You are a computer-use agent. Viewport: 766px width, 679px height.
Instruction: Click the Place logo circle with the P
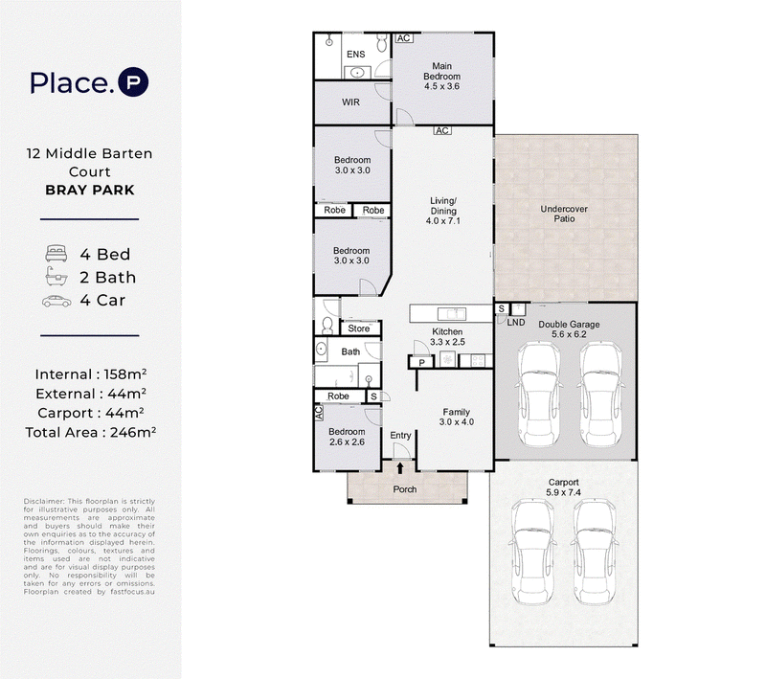coord(133,81)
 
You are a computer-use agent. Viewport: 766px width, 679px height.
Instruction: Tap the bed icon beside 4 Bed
coord(56,254)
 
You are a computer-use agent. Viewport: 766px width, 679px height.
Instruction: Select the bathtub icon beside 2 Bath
coord(56,277)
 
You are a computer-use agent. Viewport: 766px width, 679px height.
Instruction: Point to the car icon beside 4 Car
coord(56,302)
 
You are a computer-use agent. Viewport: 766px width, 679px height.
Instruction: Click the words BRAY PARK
coord(90,190)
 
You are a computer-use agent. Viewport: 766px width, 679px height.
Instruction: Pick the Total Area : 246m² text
coord(90,432)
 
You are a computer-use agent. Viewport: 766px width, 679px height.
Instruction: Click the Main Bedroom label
coord(441,71)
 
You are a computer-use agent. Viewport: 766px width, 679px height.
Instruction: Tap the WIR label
coord(350,102)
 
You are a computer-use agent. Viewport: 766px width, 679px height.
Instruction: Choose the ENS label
coord(355,55)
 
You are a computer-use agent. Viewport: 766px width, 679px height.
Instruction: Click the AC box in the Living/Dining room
coord(442,130)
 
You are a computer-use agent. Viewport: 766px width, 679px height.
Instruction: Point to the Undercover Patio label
coord(564,214)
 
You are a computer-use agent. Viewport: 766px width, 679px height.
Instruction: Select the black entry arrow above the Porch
coord(400,468)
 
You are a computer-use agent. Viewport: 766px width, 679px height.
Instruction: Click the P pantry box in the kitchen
coord(421,362)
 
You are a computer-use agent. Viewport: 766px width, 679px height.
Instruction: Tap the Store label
coord(358,328)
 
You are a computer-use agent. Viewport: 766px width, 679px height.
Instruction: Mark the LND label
coord(516,323)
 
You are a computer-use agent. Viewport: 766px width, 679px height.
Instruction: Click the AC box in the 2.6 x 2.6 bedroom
coord(319,413)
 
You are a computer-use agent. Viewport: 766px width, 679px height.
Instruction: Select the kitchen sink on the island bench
coord(452,313)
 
